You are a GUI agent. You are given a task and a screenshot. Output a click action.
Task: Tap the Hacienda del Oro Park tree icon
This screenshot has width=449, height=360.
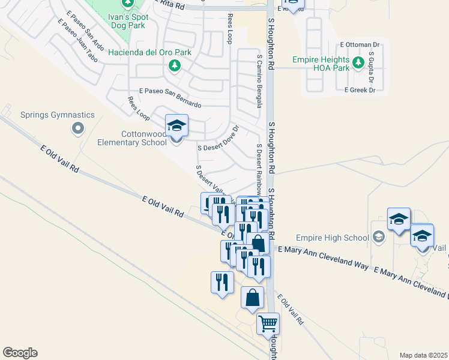(x=174, y=65)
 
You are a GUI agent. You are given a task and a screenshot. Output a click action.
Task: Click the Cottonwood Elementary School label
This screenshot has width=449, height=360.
(x=132, y=137)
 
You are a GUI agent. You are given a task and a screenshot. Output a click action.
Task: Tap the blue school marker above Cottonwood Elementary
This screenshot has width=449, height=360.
(x=176, y=126)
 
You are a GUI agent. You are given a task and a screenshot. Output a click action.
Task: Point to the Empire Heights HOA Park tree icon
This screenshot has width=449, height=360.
(x=358, y=62)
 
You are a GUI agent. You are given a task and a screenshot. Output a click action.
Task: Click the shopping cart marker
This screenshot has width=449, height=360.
(x=268, y=324)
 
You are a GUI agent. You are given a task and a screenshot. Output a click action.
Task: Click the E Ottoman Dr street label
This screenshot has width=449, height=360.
(x=360, y=44)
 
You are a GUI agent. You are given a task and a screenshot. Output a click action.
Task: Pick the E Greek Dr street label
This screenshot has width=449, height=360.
(x=360, y=90)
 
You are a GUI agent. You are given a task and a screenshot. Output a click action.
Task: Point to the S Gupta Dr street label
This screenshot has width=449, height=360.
(x=372, y=67)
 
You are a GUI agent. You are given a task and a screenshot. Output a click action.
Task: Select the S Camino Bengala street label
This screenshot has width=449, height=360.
(x=259, y=81)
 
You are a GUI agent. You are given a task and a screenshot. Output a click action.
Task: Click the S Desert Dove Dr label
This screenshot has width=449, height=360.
(x=218, y=140)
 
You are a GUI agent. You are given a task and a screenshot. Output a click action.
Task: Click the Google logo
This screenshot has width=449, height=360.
(x=20, y=353)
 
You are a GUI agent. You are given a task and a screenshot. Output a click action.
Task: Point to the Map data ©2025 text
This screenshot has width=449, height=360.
(x=424, y=355)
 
